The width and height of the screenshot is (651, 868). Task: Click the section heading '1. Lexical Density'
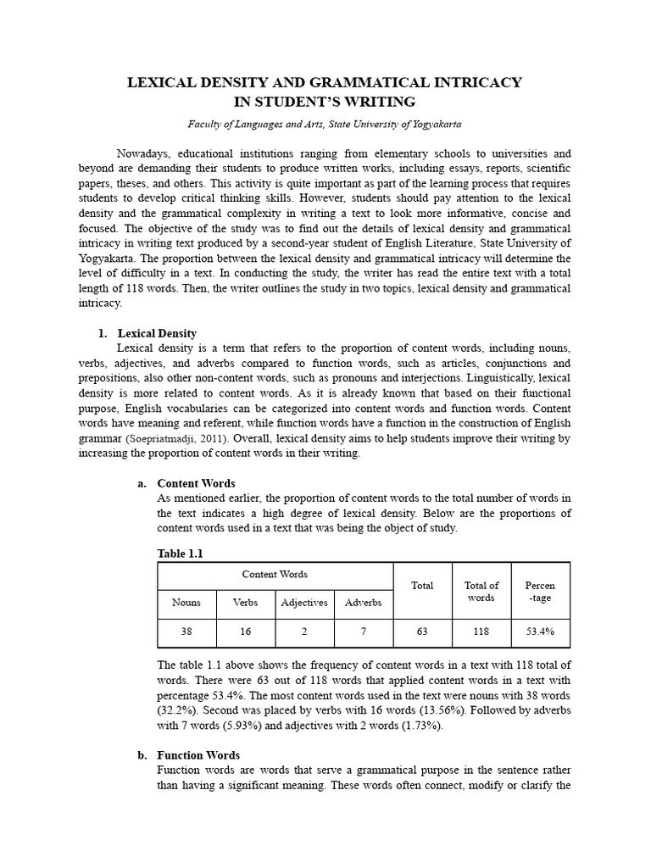click(157, 333)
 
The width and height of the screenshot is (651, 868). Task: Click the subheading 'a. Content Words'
click(196, 483)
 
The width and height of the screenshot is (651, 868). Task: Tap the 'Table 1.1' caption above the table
click(181, 553)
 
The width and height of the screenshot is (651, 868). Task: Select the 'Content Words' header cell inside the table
click(275, 574)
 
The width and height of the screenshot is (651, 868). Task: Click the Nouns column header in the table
click(186, 603)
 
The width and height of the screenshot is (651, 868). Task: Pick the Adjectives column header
click(304, 603)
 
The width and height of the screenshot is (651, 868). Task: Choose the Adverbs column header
click(363, 603)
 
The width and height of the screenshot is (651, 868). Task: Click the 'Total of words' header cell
click(481, 591)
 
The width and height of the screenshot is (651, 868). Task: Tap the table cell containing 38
click(186, 632)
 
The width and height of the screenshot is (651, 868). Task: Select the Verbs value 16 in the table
click(246, 632)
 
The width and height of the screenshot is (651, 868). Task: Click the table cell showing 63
click(421, 632)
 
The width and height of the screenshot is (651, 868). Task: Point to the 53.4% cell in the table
click(540, 632)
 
